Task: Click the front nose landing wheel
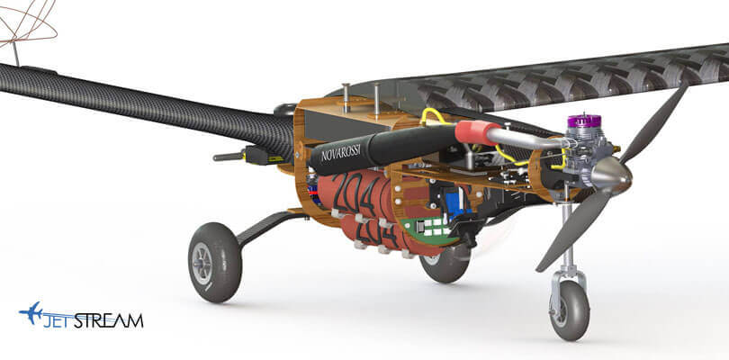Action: [x=569, y=310]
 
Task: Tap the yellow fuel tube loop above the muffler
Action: [x=436, y=116]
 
